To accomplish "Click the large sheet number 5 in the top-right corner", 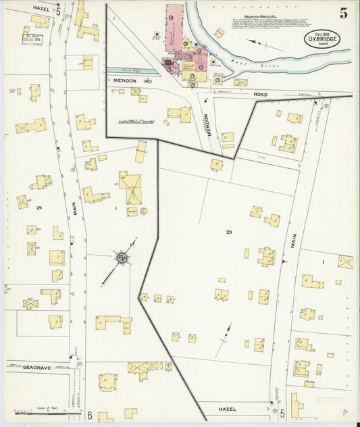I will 344,11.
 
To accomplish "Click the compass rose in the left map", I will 122,257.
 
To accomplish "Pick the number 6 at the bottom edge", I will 88,415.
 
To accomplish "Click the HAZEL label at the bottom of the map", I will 228,409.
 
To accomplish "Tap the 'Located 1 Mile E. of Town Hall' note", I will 137,122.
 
